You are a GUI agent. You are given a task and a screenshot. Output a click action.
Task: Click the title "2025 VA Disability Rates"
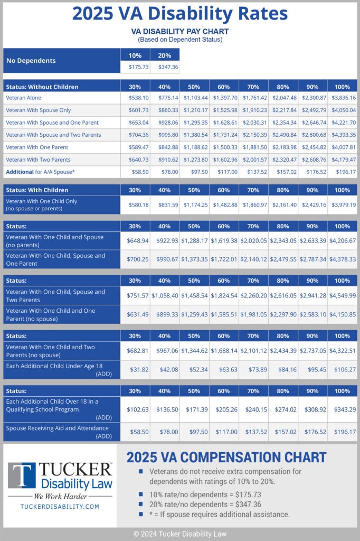(x=180, y=13)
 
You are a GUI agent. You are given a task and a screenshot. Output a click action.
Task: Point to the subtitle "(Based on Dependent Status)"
(x=180, y=40)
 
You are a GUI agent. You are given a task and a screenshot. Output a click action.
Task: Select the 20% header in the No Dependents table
(x=165, y=55)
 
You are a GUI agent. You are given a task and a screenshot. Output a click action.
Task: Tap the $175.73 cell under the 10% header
(x=135, y=67)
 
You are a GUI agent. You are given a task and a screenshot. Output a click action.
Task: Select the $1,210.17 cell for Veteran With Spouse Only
(x=194, y=110)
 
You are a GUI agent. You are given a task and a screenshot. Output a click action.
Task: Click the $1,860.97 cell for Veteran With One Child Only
(x=253, y=204)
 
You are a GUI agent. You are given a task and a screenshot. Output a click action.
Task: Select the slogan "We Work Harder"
(x=59, y=496)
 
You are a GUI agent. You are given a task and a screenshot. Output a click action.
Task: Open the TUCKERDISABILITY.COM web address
(x=60, y=506)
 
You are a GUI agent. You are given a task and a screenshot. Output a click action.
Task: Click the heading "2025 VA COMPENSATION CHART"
(x=226, y=457)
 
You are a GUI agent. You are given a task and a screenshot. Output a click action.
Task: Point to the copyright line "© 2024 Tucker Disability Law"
(x=180, y=534)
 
